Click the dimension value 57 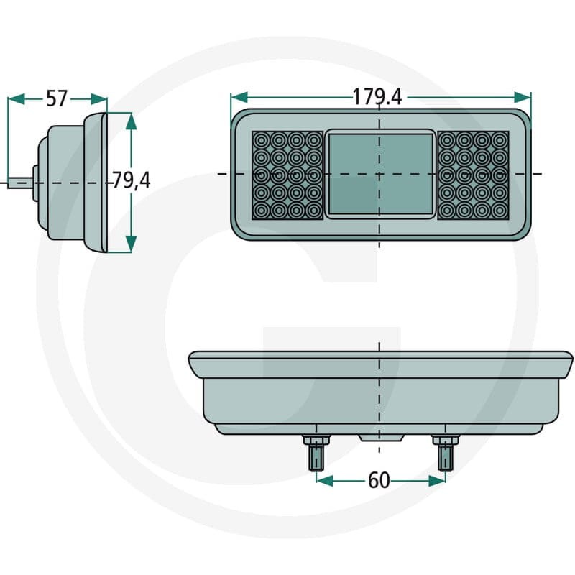pos(57,98)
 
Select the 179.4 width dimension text pos(377,97)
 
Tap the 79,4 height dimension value pos(131,180)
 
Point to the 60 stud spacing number pos(379,480)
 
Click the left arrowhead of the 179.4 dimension pos(239,98)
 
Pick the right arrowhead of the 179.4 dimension pos(523,98)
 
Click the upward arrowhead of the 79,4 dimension pos(131,121)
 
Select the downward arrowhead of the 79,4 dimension pos(131,244)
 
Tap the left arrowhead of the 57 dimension pos(16,99)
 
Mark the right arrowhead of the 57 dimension pos(99,99)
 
